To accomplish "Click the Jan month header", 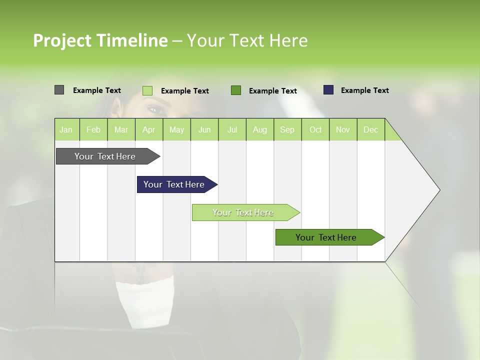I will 66,129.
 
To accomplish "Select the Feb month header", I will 93,129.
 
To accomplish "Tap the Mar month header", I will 121,129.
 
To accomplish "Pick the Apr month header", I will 148,129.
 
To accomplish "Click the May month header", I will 176,129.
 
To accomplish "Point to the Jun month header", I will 204,129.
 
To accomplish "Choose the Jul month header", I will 232,129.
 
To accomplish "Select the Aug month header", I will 259,129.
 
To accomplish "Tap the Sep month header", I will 287,129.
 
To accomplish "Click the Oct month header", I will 315,129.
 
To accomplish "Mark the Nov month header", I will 343,129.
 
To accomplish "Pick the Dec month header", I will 370,129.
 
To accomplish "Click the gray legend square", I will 59,90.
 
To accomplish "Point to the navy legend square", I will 328,90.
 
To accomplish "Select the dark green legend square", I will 236,90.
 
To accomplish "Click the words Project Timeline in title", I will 100,40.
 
